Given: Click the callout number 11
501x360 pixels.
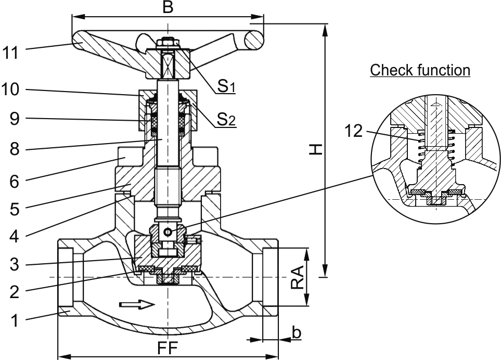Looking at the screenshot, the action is (11, 53).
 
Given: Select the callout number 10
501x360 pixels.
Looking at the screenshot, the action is (10, 90).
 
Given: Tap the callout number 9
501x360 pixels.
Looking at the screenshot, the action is (15, 119).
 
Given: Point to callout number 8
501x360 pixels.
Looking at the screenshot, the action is (15, 149).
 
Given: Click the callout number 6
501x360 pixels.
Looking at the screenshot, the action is (15, 182).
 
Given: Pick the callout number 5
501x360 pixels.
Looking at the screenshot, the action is (15, 209).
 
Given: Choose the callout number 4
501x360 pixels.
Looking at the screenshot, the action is (15, 237).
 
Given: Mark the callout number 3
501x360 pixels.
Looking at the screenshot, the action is (15, 265).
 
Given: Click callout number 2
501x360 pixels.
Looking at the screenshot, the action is (15, 292).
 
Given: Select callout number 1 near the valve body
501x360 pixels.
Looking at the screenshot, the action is (15, 320).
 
